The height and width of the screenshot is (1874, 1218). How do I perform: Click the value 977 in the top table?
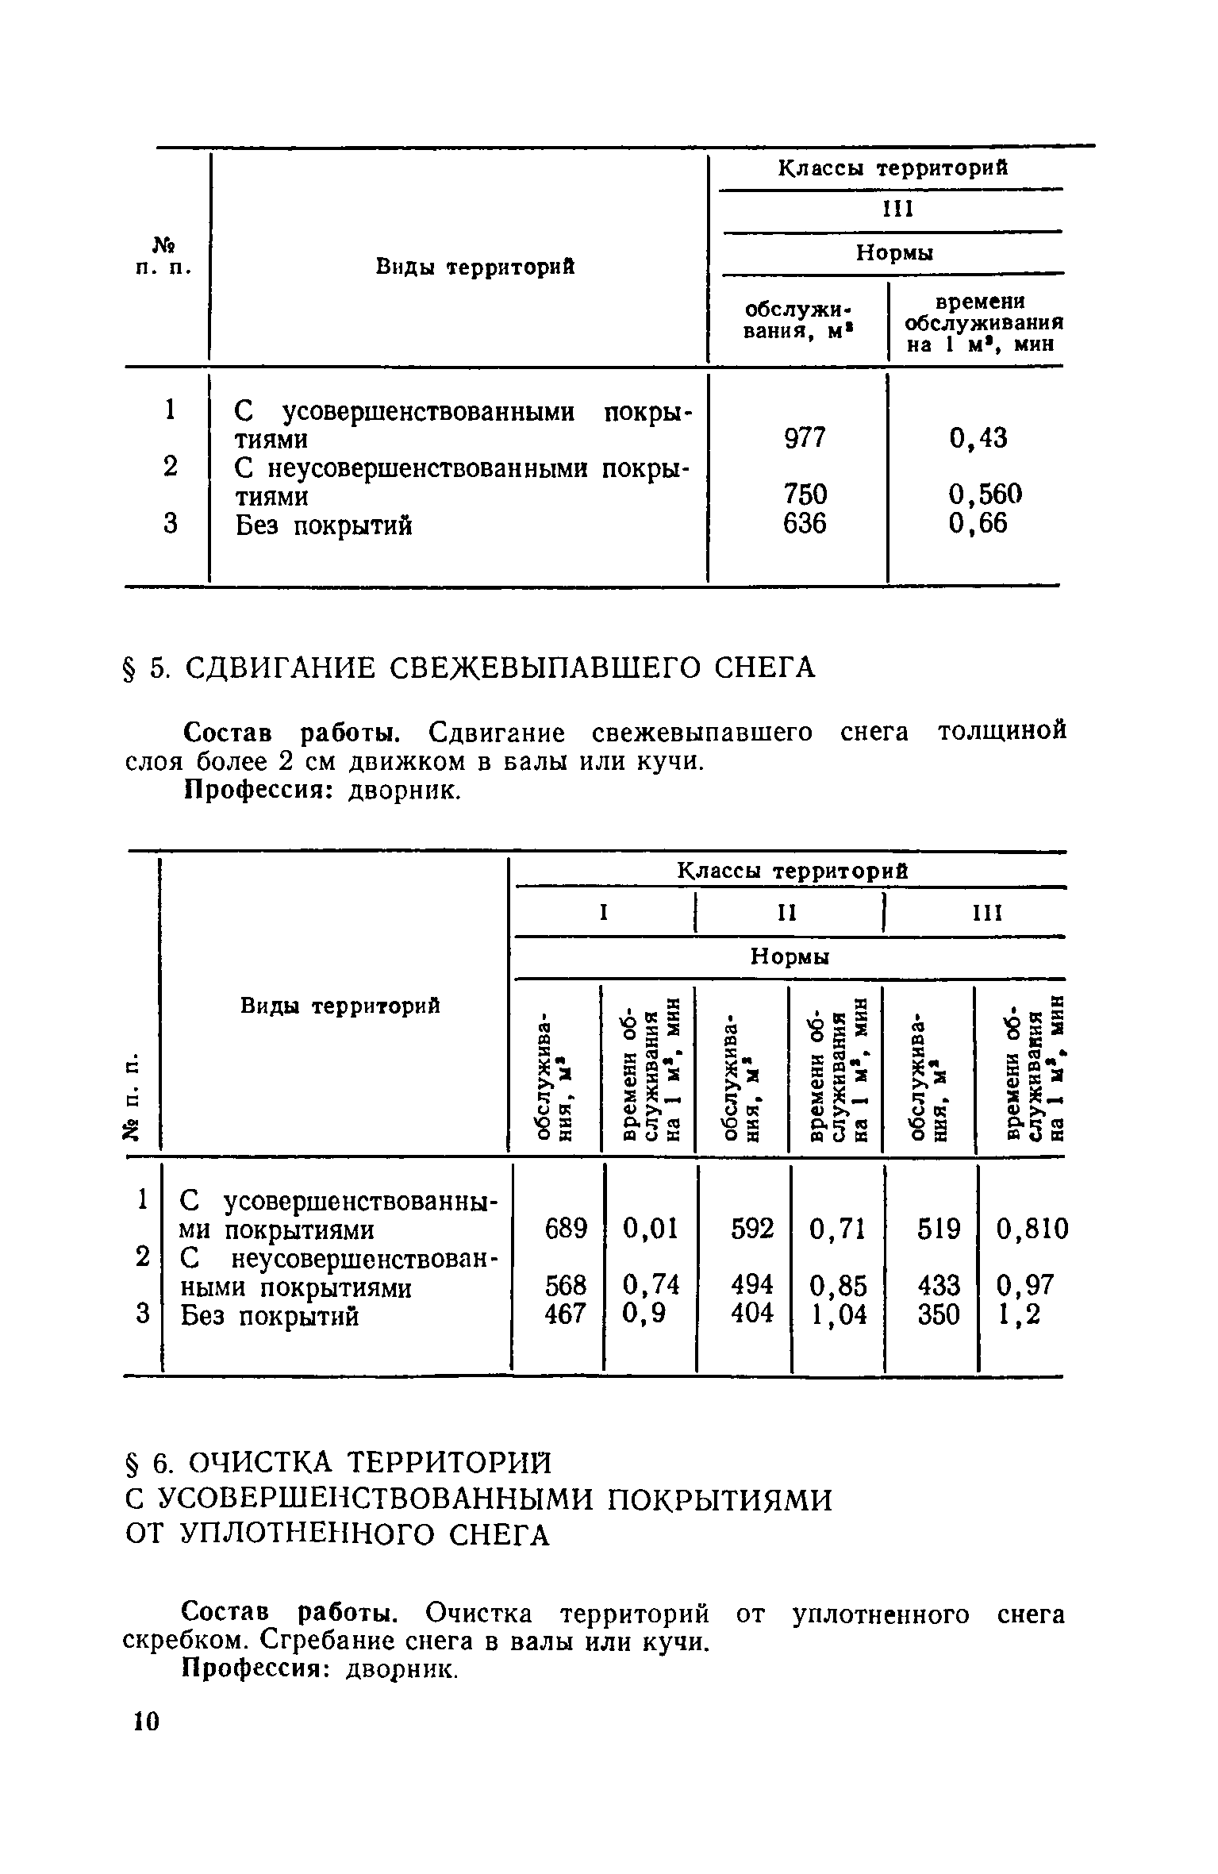coord(805,437)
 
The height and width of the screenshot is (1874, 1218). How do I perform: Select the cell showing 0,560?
coord(986,495)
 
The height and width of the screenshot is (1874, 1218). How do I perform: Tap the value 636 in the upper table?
coord(805,523)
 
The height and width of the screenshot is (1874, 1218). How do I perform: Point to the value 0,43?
coord(978,437)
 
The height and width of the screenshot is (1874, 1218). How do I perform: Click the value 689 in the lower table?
coord(566,1229)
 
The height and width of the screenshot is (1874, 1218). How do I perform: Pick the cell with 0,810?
coord(1032,1229)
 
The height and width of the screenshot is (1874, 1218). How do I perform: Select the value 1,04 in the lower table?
coord(838,1314)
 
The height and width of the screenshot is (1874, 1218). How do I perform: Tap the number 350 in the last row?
coord(939,1314)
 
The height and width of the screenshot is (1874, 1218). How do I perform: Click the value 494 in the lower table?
coord(751,1284)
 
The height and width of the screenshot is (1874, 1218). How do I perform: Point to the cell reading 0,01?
coord(651,1229)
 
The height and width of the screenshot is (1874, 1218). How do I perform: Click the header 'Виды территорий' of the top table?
coord(475,267)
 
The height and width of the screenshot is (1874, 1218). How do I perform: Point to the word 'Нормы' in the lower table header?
coord(789,958)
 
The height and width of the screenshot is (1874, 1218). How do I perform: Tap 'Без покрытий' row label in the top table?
coord(324,525)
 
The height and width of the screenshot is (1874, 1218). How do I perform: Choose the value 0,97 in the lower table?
coord(1024,1284)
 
